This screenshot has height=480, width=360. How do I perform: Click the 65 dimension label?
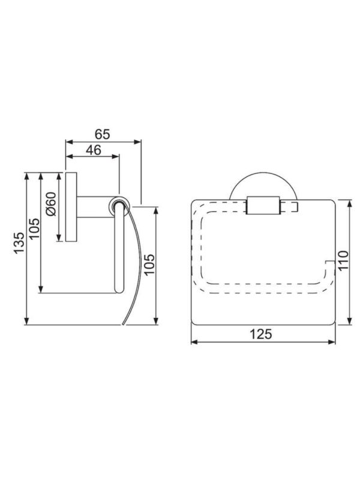click(102, 134)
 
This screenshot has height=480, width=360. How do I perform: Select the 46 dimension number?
click(94, 150)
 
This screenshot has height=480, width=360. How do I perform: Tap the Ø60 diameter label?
click(51, 204)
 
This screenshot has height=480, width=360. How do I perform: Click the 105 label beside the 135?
click(34, 229)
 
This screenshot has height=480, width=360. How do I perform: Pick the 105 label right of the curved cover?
click(149, 265)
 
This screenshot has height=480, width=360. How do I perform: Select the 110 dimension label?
click(343, 260)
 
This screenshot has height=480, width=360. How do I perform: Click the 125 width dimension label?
click(261, 334)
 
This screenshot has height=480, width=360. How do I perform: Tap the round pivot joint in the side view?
click(119, 205)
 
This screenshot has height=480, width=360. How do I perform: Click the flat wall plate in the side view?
click(71, 207)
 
